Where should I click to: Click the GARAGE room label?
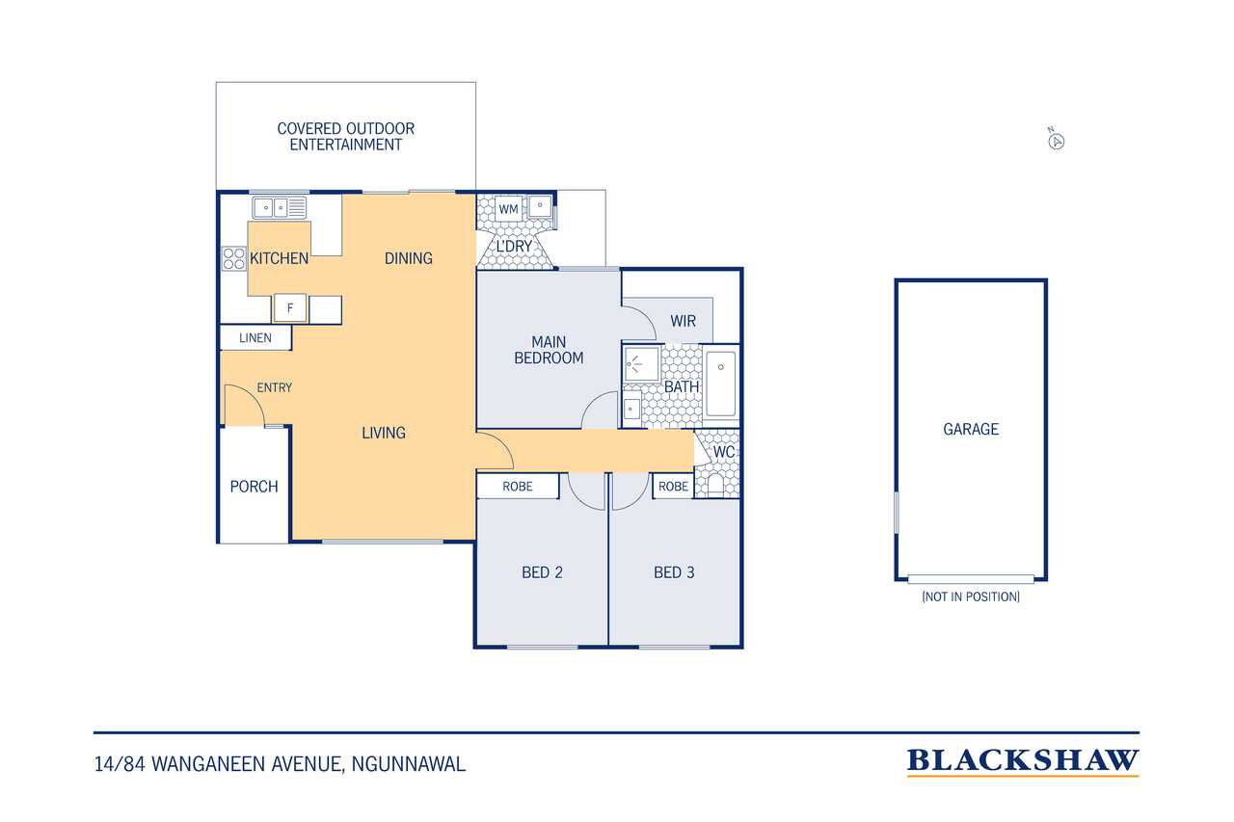971,429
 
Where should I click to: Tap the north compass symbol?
1056,141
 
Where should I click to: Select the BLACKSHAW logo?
1023,761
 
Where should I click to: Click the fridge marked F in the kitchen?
290,308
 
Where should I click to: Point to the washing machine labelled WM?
508,209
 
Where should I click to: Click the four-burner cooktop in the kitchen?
233,258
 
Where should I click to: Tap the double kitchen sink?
280,208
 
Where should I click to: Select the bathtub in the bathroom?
720,383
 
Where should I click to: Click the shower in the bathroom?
641,364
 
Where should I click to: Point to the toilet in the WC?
715,485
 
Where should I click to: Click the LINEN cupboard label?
255,338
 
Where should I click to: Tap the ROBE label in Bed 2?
518,487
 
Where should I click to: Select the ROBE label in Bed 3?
673,487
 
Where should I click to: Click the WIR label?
684,321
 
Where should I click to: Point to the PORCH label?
254,487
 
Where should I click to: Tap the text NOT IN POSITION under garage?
971,597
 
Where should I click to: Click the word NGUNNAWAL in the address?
408,764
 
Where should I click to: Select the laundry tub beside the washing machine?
540,206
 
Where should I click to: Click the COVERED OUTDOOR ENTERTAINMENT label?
345,137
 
